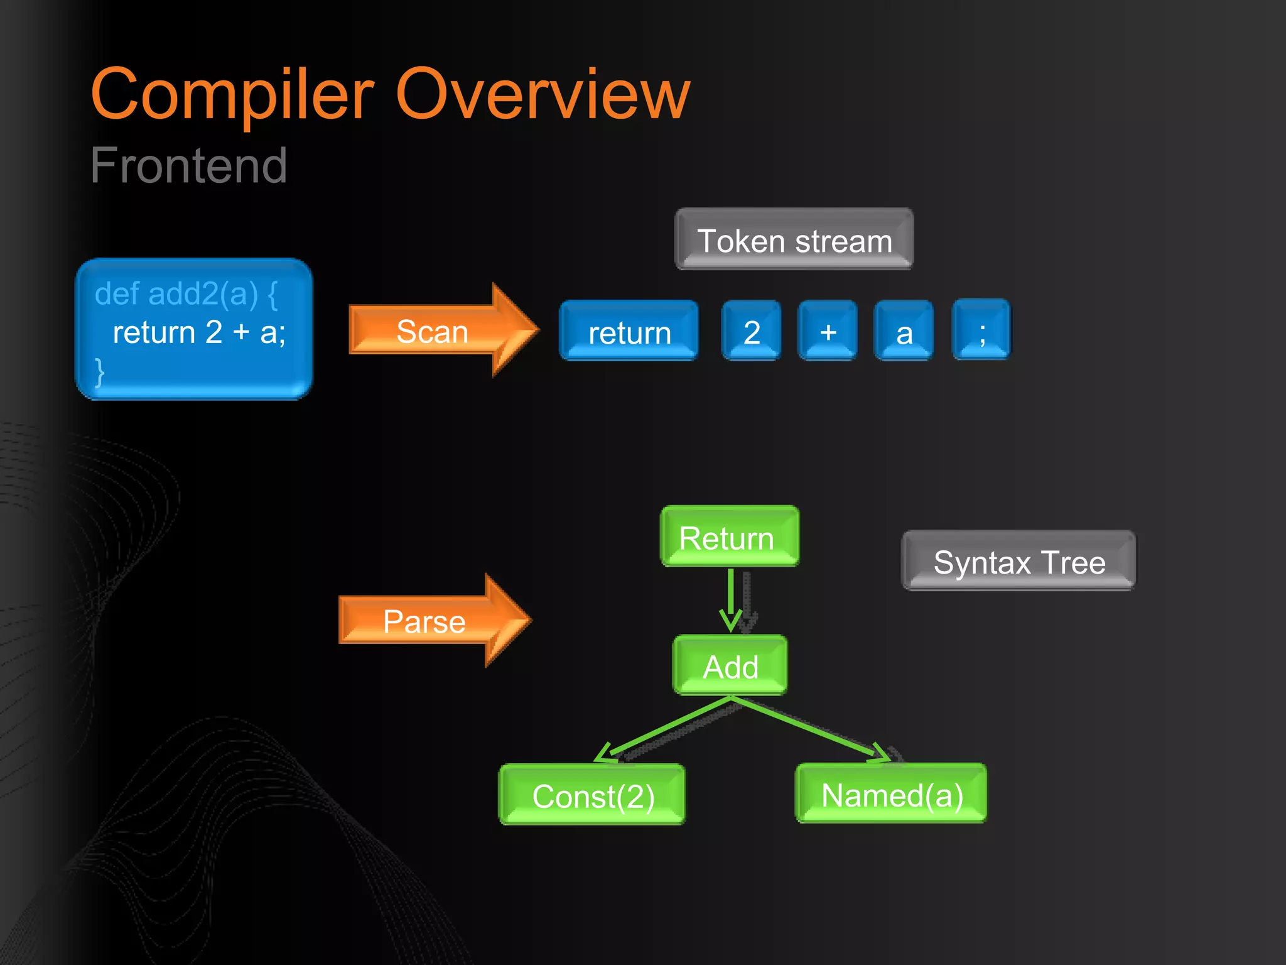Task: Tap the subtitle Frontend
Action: tap(188, 165)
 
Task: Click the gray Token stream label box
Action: tap(794, 240)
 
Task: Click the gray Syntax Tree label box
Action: tap(1019, 561)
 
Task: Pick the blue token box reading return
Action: tap(629, 331)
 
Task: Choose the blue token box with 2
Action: tap(751, 331)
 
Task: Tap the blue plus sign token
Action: tap(828, 331)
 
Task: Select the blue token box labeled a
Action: tap(904, 331)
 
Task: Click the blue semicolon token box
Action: tap(981, 331)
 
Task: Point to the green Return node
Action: tap(729, 537)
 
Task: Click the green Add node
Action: tap(730, 666)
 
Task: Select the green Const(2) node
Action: tap(592, 795)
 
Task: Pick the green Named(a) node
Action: tap(890, 793)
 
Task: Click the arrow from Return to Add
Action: tap(731, 600)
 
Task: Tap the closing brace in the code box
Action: tap(99, 372)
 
